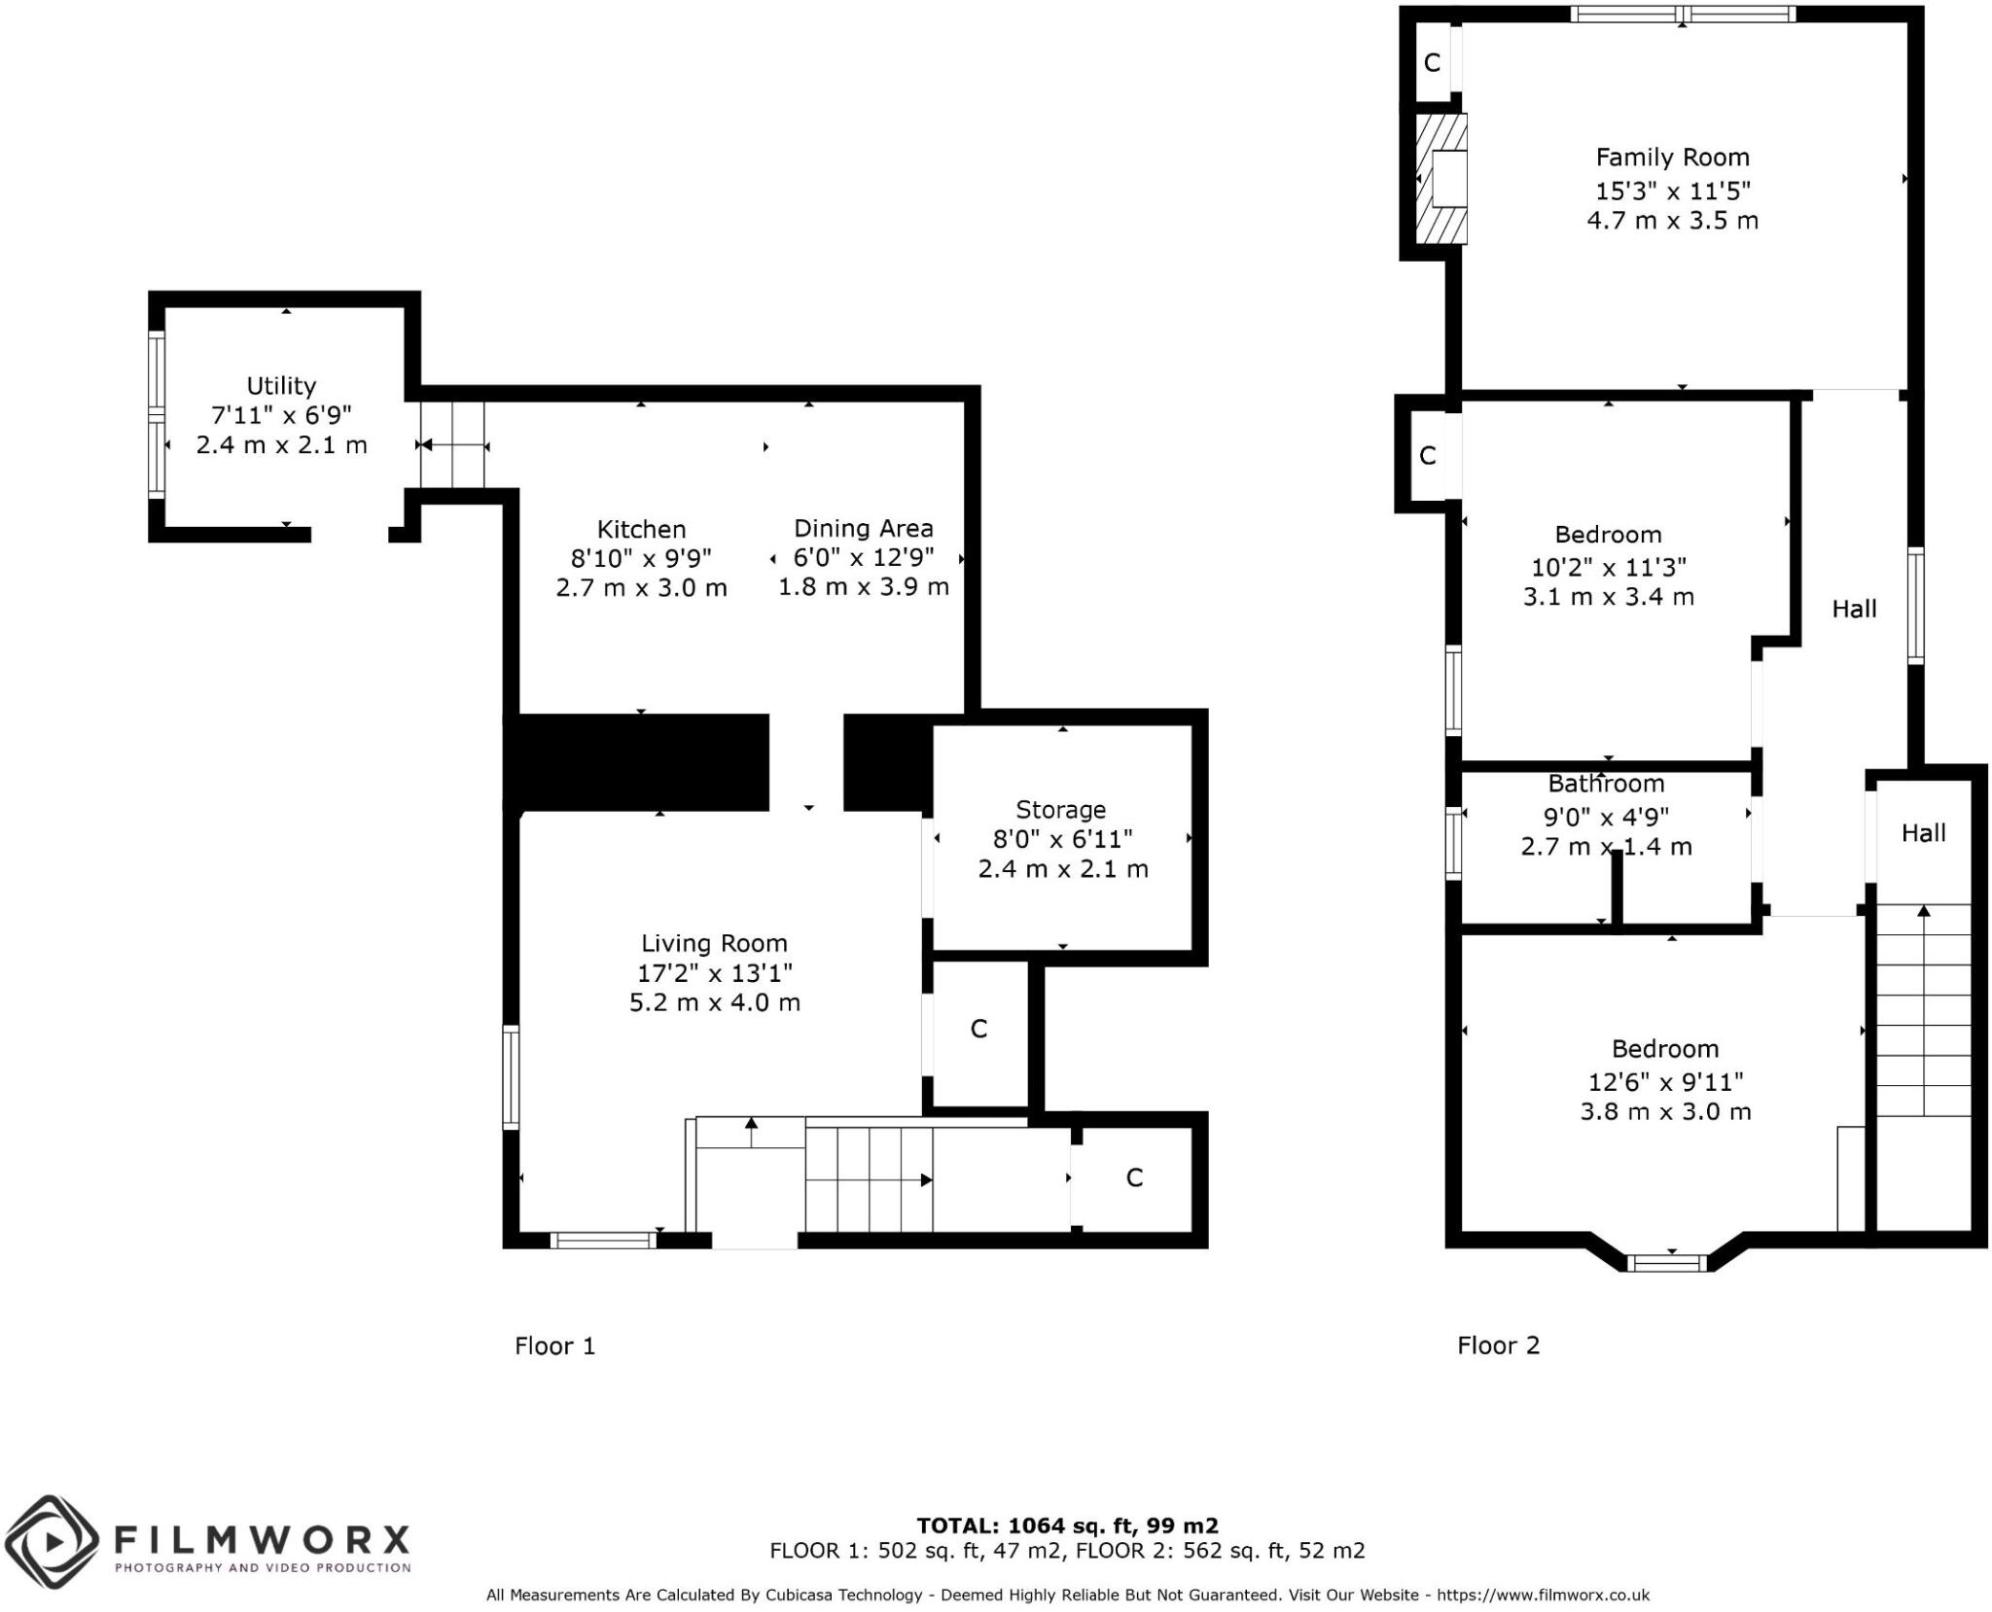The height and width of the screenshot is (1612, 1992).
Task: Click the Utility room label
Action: (x=281, y=386)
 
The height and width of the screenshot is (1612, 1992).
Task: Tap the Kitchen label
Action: (x=641, y=529)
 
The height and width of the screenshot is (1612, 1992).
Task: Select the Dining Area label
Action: (x=864, y=528)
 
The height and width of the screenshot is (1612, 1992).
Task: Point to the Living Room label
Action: (x=714, y=943)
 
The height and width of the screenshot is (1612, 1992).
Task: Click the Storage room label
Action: (x=1061, y=810)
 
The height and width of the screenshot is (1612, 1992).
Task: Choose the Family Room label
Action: (x=1673, y=158)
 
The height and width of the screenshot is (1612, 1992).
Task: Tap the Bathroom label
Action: (x=1606, y=784)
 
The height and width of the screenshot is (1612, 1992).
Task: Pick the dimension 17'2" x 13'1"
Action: (x=715, y=972)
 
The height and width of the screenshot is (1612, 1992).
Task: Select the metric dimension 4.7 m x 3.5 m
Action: (x=1673, y=221)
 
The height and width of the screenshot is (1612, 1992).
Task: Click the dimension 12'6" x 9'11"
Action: (x=1665, y=1081)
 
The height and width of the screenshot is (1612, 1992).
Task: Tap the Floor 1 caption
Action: (x=554, y=1346)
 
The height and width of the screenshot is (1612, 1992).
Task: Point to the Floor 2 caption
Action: (x=1499, y=1346)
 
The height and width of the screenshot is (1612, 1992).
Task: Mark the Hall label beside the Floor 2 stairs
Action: (x=1924, y=833)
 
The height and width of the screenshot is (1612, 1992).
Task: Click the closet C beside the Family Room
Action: (x=1432, y=63)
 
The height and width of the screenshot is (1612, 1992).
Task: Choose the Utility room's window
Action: (x=156, y=414)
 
